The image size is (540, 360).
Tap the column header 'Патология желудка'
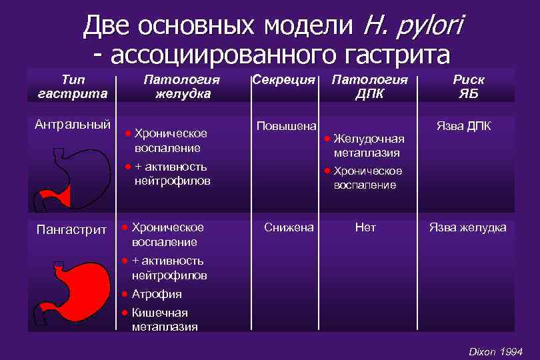point(183,86)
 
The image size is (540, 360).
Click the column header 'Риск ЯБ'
point(469,86)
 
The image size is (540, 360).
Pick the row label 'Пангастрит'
point(73,230)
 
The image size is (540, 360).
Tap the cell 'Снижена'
point(289,227)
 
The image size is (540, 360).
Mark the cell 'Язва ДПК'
point(464,125)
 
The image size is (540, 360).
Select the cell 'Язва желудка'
point(467,227)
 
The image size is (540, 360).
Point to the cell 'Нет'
point(365,227)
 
